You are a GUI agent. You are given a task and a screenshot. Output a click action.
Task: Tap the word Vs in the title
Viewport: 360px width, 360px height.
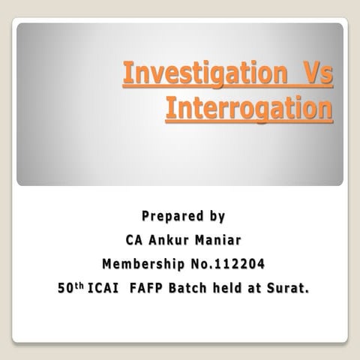coord(315,76)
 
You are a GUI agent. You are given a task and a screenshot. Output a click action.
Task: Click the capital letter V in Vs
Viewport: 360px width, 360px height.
coord(309,76)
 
